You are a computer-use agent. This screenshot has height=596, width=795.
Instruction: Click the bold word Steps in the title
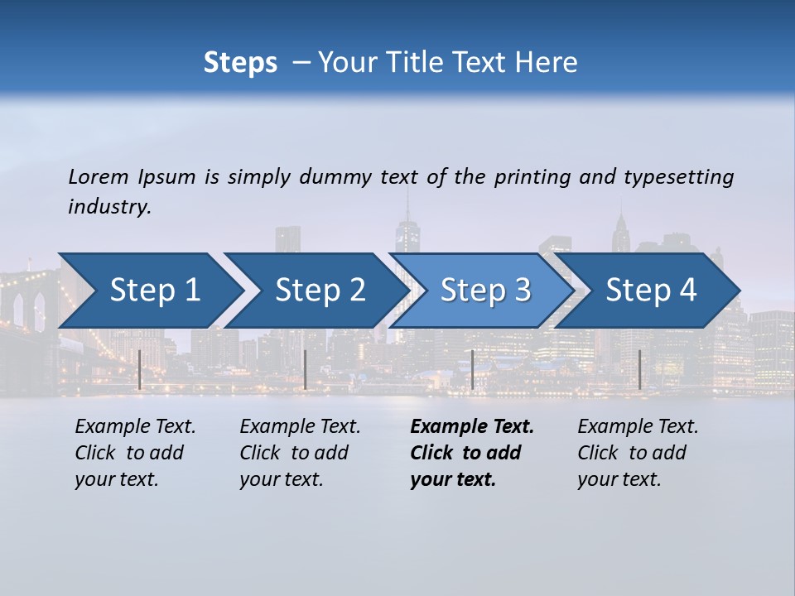(x=240, y=63)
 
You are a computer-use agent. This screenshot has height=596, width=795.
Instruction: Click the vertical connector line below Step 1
(x=140, y=369)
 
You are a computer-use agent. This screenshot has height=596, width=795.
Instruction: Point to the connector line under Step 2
(x=306, y=369)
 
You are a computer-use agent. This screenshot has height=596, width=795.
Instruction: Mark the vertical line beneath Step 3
(x=472, y=369)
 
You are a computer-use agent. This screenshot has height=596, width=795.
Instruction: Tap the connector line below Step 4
(x=639, y=369)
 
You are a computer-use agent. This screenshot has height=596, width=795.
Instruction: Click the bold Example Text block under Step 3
(x=472, y=453)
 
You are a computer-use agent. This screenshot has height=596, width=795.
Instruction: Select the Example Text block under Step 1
(x=135, y=453)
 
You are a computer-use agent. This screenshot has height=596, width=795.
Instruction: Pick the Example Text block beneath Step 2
(x=300, y=453)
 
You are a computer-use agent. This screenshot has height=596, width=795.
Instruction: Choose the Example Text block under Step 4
(x=638, y=453)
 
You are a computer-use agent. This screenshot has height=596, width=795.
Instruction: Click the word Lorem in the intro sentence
(x=99, y=177)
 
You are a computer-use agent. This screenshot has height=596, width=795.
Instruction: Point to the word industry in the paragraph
(x=109, y=207)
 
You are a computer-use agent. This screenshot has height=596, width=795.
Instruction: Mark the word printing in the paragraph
(x=532, y=177)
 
